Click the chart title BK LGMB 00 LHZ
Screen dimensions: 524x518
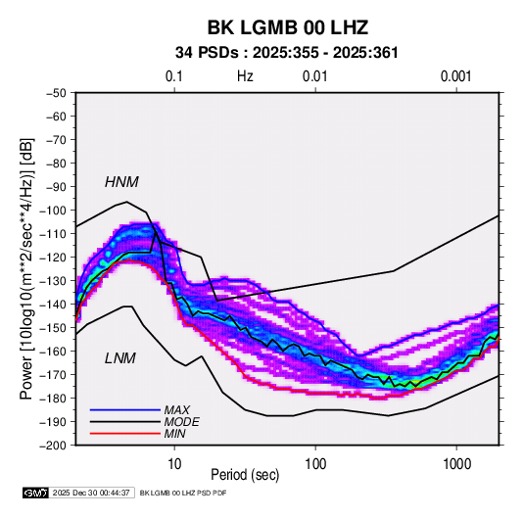coord(288,27)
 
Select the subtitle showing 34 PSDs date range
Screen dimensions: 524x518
coord(287,53)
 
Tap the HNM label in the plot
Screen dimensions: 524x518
coord(121,182)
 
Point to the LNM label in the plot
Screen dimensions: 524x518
coord(120,358)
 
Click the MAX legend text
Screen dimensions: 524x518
coord(176,410)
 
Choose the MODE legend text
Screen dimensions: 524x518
coord(182,422)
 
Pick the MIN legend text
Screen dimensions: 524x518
coord(174,434)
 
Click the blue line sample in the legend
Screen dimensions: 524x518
coord(125,410)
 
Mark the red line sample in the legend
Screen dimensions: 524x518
coord(125,434)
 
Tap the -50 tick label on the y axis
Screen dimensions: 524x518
coord(56,93)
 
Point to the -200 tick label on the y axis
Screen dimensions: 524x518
coord(53,446)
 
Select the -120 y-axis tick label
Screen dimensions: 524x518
coord(53,258)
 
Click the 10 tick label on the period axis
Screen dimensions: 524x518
coord(174,464)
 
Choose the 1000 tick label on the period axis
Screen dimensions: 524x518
coord(456,464)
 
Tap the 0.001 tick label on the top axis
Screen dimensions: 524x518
coord(455,76)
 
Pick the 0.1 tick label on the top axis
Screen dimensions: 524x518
coord(174,76)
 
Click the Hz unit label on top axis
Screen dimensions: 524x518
coord(245,76)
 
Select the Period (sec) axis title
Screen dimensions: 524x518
coord(245,475)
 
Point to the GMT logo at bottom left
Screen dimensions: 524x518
coord(36,493)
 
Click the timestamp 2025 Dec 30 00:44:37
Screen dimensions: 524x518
coord(91,493)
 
